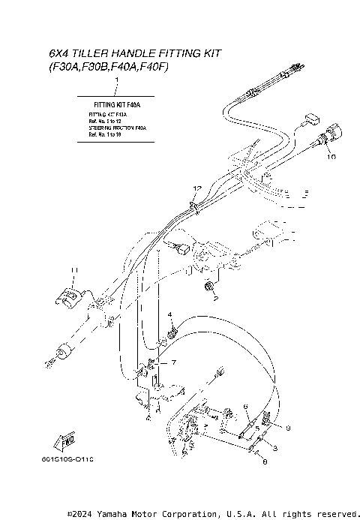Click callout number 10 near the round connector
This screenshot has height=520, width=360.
(x=331, y=158)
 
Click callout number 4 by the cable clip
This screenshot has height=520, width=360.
(x=170, y=314)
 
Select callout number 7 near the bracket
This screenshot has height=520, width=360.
(x=174, y=362)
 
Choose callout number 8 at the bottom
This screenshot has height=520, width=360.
(x=264, y=464)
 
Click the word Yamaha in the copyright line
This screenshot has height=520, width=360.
(x=110, y=514)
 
